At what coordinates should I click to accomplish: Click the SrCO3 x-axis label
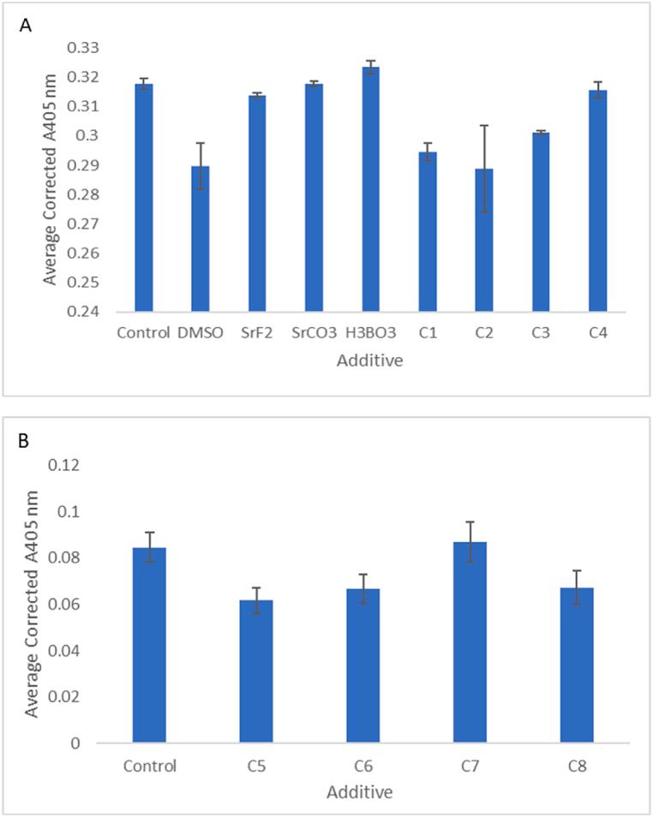pyautogui.click(x=314, y=333)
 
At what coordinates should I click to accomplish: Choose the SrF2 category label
pyautogui.click(x=256, y=333)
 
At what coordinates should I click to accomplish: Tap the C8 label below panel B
pyautogui.click(x=577, y=765)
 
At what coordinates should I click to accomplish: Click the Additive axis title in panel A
pyautogui.click(x=369, y=361)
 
